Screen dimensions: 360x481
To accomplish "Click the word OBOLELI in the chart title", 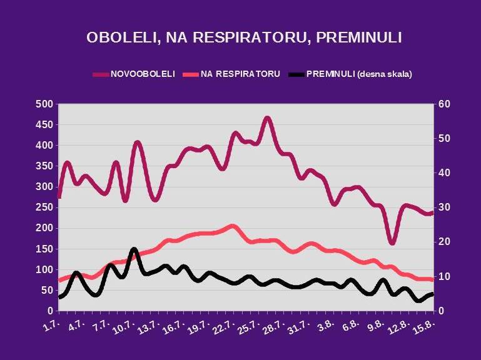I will pyautogui.click(x=119, y=37).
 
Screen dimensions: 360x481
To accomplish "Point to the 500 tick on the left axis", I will pyautogui.click(x=44, y=104).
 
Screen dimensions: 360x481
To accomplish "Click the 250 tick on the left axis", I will pyautogui.click(x=44, y=207).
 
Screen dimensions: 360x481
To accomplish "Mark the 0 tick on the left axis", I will pyautogui.click(x=48, y=311).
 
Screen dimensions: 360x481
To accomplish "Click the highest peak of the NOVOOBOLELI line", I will pyautogui.click(x=267, y=117).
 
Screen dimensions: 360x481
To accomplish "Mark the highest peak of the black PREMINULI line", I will pyautogui.click(x=134, y=250).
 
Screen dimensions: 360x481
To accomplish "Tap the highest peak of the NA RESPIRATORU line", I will pyautogui.click(x=232, y=226).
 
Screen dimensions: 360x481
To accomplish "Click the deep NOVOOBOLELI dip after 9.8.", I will pyautogui.click(x=392, y=242).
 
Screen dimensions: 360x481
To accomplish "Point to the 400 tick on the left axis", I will pyautogui.click(x=44, y=145).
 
